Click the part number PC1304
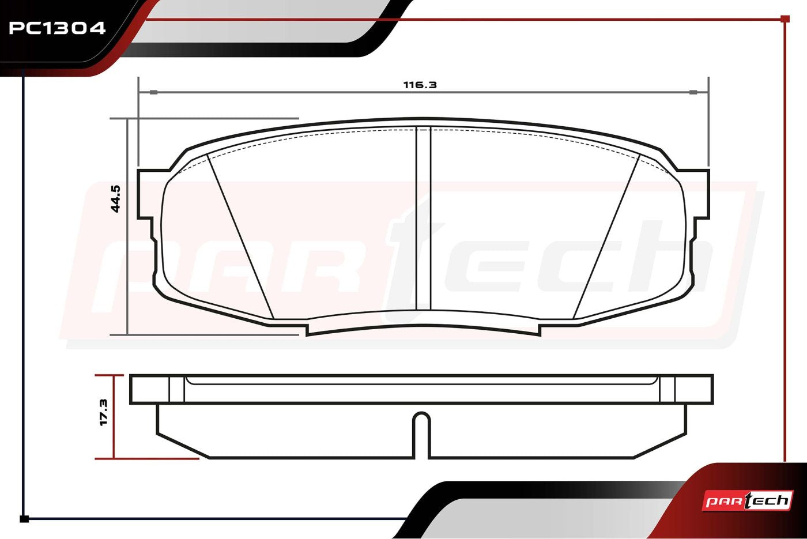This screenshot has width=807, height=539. tap(57, 28)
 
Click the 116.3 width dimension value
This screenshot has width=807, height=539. tap(420, 85)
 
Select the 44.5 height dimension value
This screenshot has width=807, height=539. tap(116, 199)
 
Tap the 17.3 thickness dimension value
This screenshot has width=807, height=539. tap(104, 413)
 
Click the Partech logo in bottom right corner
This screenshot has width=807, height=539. tap(748, 500)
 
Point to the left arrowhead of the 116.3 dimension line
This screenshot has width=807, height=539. tap(153, 92)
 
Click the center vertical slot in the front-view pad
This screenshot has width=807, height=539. tap(423, 219)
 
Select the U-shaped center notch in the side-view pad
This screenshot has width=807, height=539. tap(421, 432)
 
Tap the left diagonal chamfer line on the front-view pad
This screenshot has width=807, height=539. tap(240, 236)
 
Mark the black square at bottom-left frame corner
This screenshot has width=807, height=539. tap(24, 519)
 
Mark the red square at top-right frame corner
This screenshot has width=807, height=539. tap(785, 19)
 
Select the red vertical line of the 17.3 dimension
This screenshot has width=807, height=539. tap(114, 417)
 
